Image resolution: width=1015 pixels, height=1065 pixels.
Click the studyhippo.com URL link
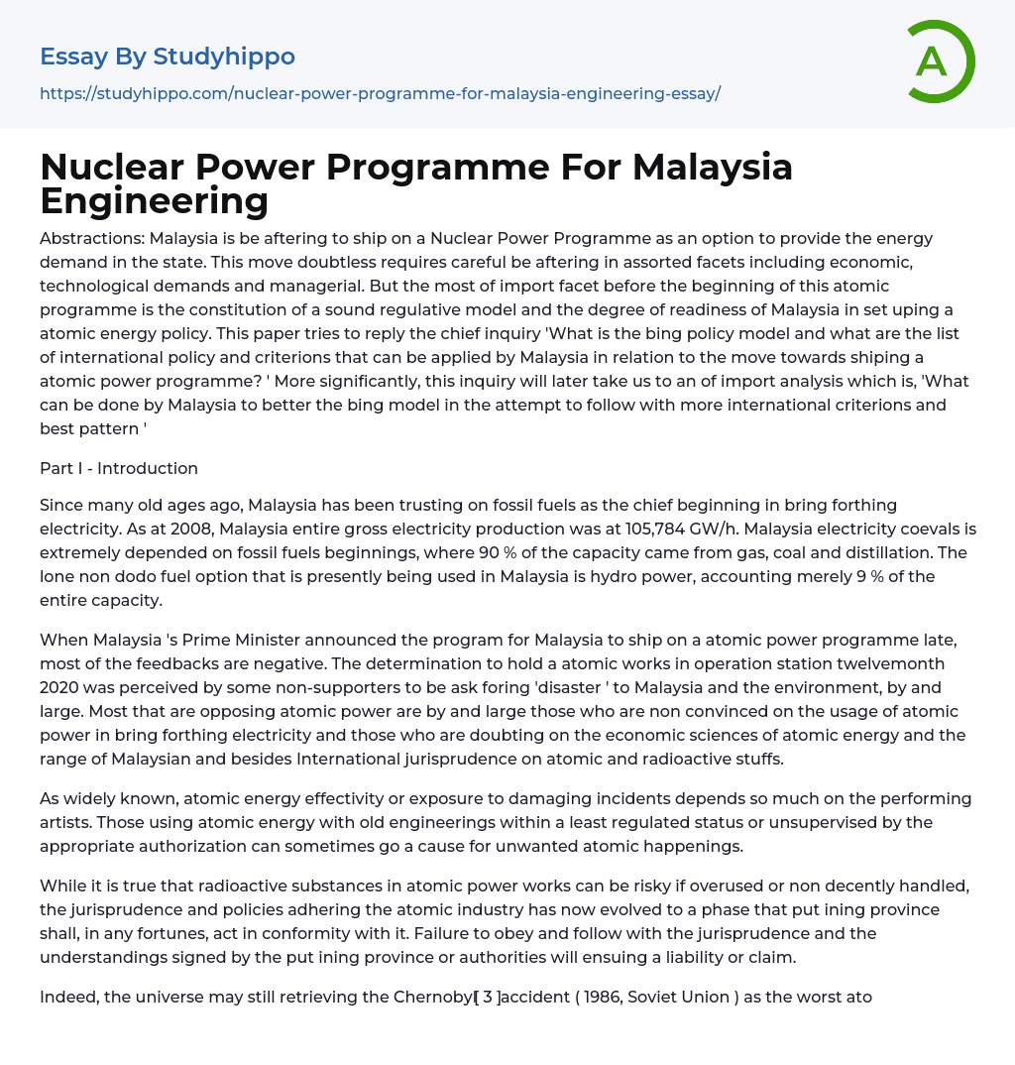380,93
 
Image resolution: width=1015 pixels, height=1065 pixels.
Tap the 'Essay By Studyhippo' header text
168,57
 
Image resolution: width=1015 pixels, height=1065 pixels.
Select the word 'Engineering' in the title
155,201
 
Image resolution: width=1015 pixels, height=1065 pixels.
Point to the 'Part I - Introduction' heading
119,468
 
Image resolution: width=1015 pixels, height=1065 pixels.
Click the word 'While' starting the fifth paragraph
61,886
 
